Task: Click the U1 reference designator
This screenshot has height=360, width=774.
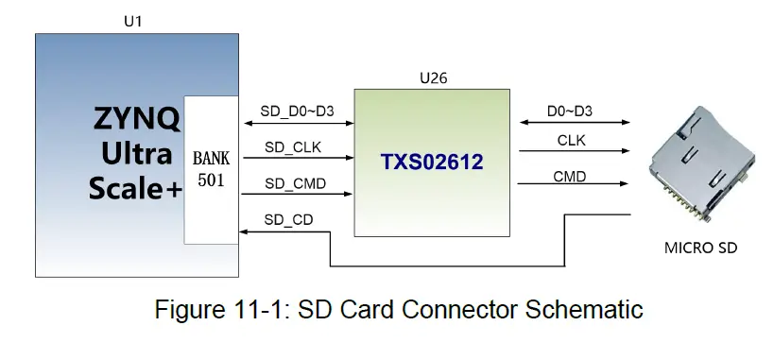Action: tap(134, 19)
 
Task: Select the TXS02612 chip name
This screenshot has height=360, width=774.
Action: tap(432, 163)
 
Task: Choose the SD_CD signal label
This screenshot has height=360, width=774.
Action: tap(288, 219)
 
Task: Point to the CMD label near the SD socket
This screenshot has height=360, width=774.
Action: tap(569, 177)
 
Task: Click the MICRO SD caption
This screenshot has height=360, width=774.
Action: tap(699, 249)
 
